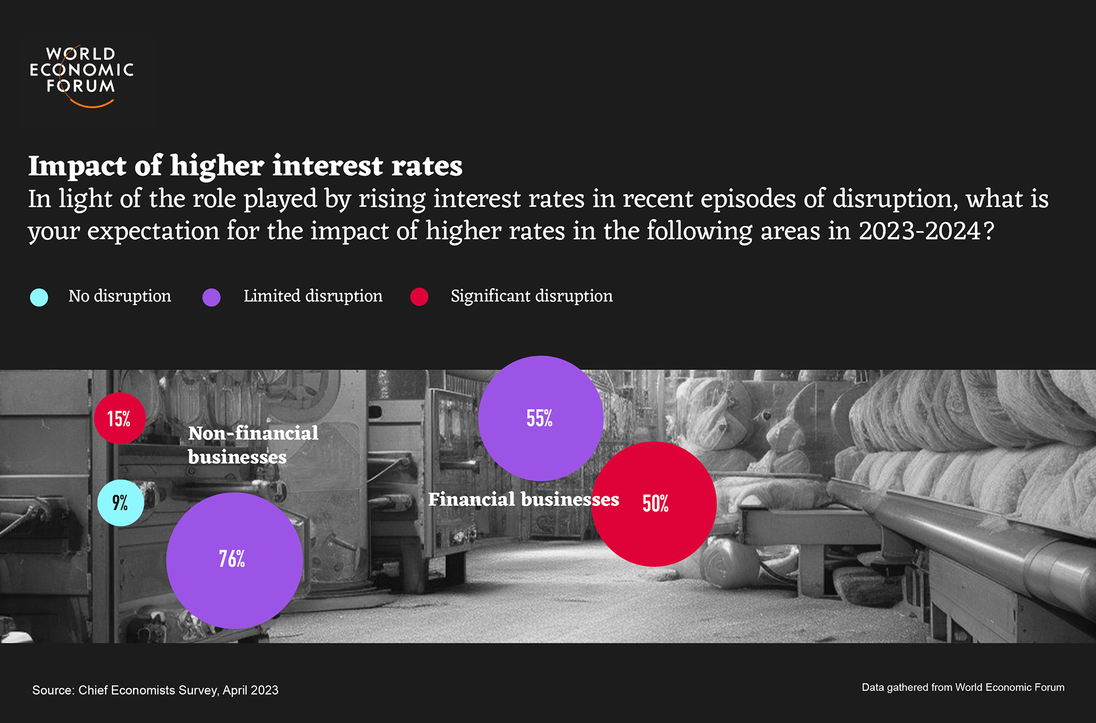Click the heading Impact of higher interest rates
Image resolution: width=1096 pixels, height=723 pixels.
[x=245, y=166]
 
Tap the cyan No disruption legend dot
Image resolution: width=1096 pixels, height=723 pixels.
[x=39, y=297]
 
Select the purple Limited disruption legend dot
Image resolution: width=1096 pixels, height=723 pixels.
[x=211, y=297]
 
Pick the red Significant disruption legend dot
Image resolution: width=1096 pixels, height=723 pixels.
[x=419, y=297]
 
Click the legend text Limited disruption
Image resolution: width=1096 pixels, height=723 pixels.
[x=313, y=296]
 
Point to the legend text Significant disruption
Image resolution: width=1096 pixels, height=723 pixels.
[x=531, y=296]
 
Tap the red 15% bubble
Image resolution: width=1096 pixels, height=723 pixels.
[x=119, y=418]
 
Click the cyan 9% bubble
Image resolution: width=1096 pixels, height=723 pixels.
[x=120, y=503]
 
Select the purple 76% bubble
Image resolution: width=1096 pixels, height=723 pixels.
[x=234, y=560]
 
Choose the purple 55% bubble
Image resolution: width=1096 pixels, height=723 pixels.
[x=540, y=418]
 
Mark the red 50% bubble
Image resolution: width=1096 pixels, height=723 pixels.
[x=654, y=504]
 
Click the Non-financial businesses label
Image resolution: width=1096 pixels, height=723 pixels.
[x=253, y=445]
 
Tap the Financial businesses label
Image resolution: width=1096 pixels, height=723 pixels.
[x=523, y=499]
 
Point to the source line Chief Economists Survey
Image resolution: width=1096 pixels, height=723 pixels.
[x=155, y=690]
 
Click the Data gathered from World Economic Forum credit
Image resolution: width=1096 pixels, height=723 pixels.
[x=962, y=687]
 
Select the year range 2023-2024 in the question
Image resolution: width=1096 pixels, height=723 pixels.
[x=919, y=231]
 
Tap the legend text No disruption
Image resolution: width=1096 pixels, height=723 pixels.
[x=119, y=296]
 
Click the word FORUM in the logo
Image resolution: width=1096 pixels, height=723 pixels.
[x=80, y=86]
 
